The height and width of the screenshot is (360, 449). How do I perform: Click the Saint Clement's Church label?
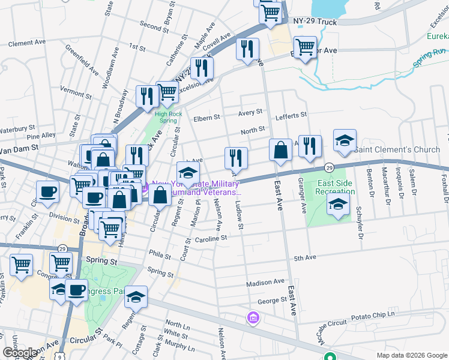397,149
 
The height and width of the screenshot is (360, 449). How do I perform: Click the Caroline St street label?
211,238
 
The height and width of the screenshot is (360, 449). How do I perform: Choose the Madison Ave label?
265,281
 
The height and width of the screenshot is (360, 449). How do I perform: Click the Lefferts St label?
291,114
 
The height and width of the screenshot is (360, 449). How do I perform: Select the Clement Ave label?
28,43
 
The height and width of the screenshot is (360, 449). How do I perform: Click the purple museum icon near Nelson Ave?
253,317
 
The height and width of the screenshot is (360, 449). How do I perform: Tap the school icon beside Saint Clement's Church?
345,141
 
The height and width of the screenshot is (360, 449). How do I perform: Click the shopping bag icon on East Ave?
280,150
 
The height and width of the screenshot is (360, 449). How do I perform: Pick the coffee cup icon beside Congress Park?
76,290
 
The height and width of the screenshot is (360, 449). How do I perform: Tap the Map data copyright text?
411,355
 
